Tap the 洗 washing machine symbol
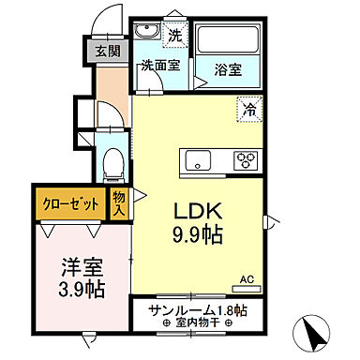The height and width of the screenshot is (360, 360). click(x=175, y=36)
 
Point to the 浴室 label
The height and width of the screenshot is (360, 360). click(x=228, y=68)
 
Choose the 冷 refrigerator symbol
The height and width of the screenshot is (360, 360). click(x=250, y=109)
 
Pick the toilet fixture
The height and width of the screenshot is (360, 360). click(x=113, y=161)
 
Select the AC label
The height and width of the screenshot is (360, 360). click(x=247, y=279)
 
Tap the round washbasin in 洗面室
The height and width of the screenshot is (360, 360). click(x=144, y=35)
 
